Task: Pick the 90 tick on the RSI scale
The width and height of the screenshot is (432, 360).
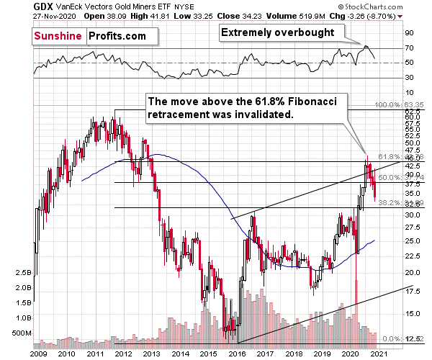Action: pos(408,33)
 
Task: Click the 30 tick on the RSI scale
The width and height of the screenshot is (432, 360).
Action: pos(408,78)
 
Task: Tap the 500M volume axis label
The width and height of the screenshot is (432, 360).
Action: pos(16,333)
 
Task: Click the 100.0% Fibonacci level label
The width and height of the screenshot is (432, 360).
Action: pos(400,105)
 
